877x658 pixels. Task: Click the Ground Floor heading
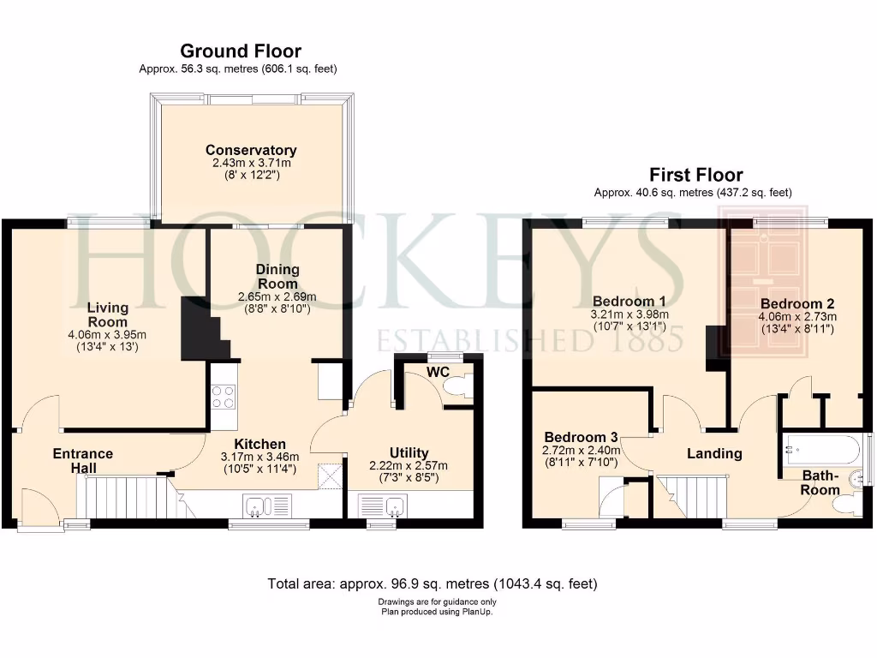[x=240, y=51]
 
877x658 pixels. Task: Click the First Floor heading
[x=695, y=176]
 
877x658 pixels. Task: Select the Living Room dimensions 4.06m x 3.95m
[x=107, y=335]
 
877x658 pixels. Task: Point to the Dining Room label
[x=277, y=277]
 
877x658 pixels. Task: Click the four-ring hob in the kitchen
[x=223, y=397]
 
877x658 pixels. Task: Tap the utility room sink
[x=393, y=507]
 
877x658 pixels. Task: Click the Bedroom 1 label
[x=629, y=301]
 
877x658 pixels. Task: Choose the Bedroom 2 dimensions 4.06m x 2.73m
[x=797, y=316]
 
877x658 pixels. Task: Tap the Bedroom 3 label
[x=581, y=436]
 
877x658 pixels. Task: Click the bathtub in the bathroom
[x=820, y=448]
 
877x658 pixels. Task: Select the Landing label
[x=714, y=453]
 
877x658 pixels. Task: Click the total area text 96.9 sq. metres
[x=433, y=584]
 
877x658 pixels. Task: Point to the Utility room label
[x=409, y=452]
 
